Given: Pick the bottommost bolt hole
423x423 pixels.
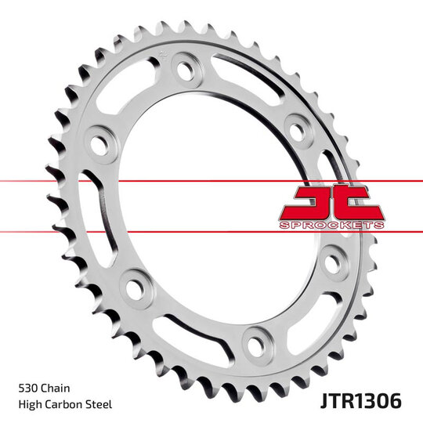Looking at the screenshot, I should click(253, 341).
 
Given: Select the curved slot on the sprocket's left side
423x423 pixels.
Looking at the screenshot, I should click(94, 215).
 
